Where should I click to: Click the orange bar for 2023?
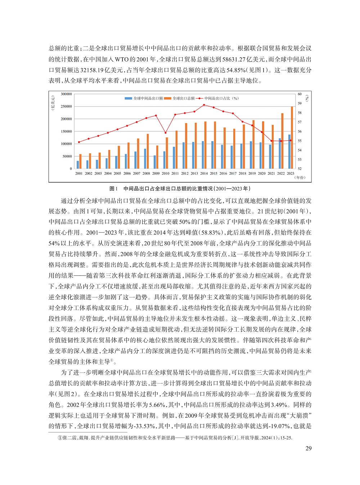click(x=292, y=138)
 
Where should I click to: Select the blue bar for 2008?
click(x=145, y=159)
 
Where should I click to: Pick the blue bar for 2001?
click(x=78, y=165)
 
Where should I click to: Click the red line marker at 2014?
click(x=204, y=105)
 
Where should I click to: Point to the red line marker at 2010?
click(x=166, y=133)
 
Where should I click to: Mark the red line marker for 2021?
click(x=271, y=141)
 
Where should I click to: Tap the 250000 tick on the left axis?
click(x=66, y=107)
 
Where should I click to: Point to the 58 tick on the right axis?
click(x=300, y=113)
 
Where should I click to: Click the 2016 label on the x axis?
click(x=223, y=173)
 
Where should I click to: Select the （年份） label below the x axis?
click(x=300, y=178)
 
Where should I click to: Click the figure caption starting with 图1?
click(x=180, y=188)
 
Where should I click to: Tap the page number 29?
click(x=309, y=448)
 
